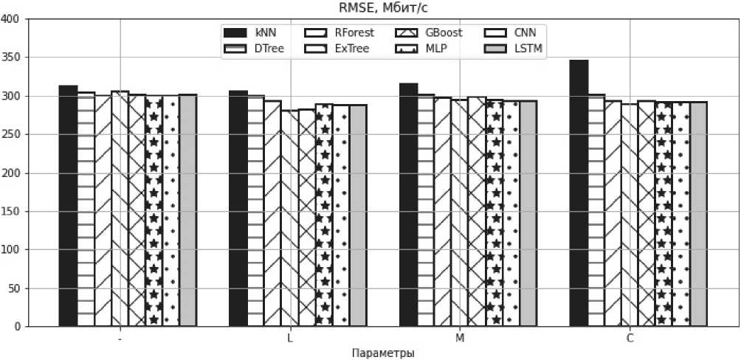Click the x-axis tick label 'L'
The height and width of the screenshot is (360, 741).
click(289, 338)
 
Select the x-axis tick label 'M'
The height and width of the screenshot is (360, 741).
click(460, 338)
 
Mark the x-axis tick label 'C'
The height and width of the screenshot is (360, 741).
click(630, 338)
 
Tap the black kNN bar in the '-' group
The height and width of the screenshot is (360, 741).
click(68, 206)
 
